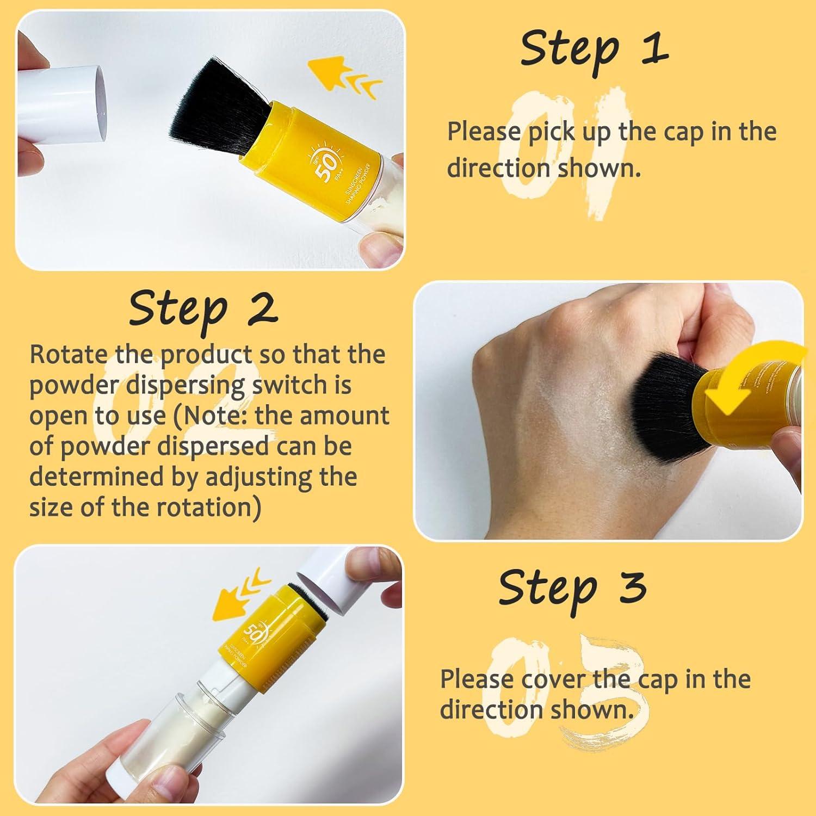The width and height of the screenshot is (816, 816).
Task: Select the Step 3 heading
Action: click(572, 588)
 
